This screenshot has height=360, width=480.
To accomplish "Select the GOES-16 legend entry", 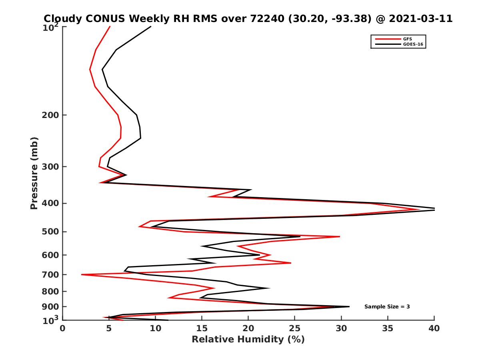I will [412, 44].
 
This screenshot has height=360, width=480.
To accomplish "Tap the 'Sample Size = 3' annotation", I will [387, 307].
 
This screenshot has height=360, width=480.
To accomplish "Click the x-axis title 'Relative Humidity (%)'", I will [248, 340].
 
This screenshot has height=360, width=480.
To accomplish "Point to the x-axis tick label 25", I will [295, 328].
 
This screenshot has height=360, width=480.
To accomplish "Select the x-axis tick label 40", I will [434, 328].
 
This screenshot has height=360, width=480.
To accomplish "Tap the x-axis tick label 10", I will [155, 328].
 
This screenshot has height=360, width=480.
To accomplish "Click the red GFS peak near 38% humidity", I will [418, 209].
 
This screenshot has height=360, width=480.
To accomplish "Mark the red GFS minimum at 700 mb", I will [82, 274].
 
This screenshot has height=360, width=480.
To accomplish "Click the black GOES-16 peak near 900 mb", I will [349, 306].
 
